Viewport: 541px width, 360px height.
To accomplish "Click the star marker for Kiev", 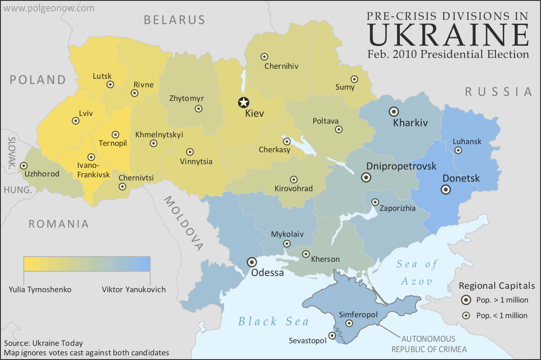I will click(x=244, y=103).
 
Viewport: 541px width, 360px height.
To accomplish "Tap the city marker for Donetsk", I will click(x=445, y=190).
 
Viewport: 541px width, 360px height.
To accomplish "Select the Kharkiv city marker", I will click(x=394, y=111).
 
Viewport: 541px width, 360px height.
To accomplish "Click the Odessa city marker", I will click(x=251, y=262).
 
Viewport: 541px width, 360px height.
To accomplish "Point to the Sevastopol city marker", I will click(x=332, y=335).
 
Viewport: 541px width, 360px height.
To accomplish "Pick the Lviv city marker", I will click(x=75, y=121).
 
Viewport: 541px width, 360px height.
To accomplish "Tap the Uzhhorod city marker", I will click(x=23, y=166).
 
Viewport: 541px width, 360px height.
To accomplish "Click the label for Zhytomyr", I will click(x=187, y=98).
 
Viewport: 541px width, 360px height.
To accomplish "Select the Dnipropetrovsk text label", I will click(x=401, y=166).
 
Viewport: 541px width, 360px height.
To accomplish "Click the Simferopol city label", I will click(x=358, y=315).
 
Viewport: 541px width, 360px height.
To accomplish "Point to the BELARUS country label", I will click(x=174, y=19).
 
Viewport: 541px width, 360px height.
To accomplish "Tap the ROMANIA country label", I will click(x=59, y=224).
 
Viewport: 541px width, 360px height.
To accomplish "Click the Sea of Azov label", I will click(x=417, y=273).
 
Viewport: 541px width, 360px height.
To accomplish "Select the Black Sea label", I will click(x=274, y=321).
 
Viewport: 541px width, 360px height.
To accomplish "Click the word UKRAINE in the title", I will click(x=448, y=35).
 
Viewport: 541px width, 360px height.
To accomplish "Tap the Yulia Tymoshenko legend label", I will click(x=40, y=289).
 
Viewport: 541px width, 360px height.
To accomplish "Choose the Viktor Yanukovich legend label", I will click(x=134, y=289).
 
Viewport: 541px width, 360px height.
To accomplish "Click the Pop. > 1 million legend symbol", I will click(x=466, y=300).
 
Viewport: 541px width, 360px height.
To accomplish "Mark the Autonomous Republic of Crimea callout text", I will click(x=428, y=344).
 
